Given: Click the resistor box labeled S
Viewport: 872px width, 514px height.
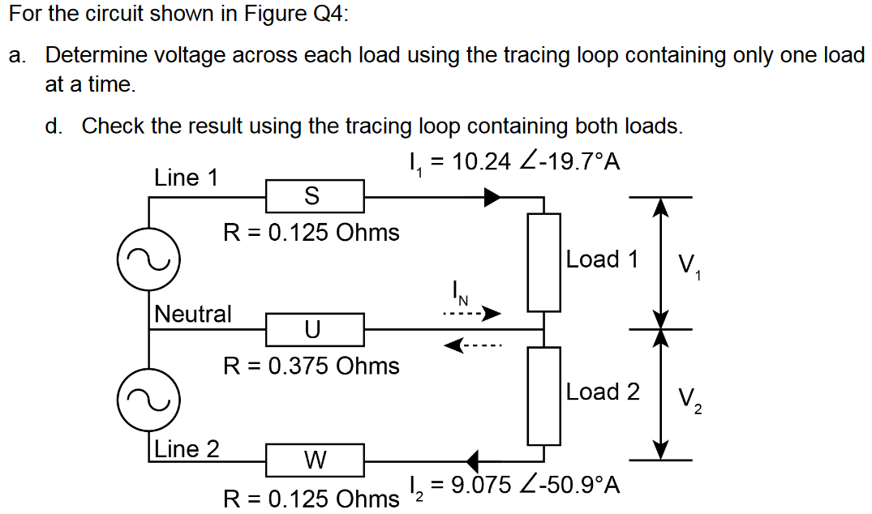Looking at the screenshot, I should tap(315, 195).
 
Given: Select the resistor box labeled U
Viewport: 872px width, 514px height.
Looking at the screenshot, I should tap(315, 329).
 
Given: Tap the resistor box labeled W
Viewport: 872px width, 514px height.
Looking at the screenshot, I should tap(315, 460).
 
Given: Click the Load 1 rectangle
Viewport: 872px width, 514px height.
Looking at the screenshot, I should tap(543, 262).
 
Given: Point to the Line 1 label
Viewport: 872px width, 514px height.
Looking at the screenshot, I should tap(186, 178).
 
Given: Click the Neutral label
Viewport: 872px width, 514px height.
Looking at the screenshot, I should tap(193, 313).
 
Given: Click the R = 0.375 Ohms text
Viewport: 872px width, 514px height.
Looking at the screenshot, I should tap(311, 366).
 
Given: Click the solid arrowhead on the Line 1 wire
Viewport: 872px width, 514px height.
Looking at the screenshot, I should tap(493, 196).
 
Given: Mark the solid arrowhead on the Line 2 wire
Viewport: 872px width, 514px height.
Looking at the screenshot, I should tap(473, 460).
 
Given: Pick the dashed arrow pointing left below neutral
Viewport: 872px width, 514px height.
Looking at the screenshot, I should tap(472, 347).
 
